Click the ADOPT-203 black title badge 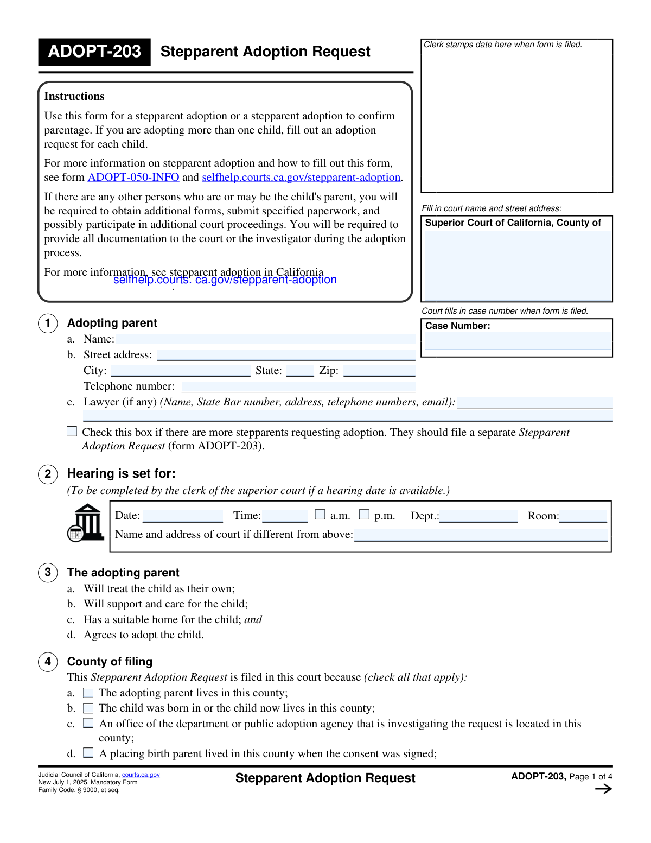pyautogui.click(x=94, y=52)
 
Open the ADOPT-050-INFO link pyautogui.click(x=133, y=178)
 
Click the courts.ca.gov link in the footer pyautogui.click(x=141, y=775)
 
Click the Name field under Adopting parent pyautogui.click(x=266, y=340)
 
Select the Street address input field pyautogui.click(x=286, y=355)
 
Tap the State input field pyautogui.click(x=300, y=371)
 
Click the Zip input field pyautogui.click(x=379, y=371)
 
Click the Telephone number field pyautogui.click(x=298, y=386)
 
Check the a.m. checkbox pyautogui.click(x=320, y=514)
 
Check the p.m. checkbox pyautogui.click(x=365, y=514)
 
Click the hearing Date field pyautogui.click(x=183, y=516)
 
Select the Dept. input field pyautogui.click(x=478, y=516)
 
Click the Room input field pyautogui.click(x=583, y=516)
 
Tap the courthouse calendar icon pyautogui.click(x=86, y=523)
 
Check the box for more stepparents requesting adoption pyautogui.click(x=72, y=432)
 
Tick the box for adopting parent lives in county pyautogui.click(x=88, y=693)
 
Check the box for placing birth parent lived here pyautogui.click(x=88, y=753)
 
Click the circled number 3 pyautogui.click(x=48, y=572)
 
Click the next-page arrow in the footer pyautogui.click(x=603, y=789)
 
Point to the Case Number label pyautogui.click(x=457, y=326)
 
